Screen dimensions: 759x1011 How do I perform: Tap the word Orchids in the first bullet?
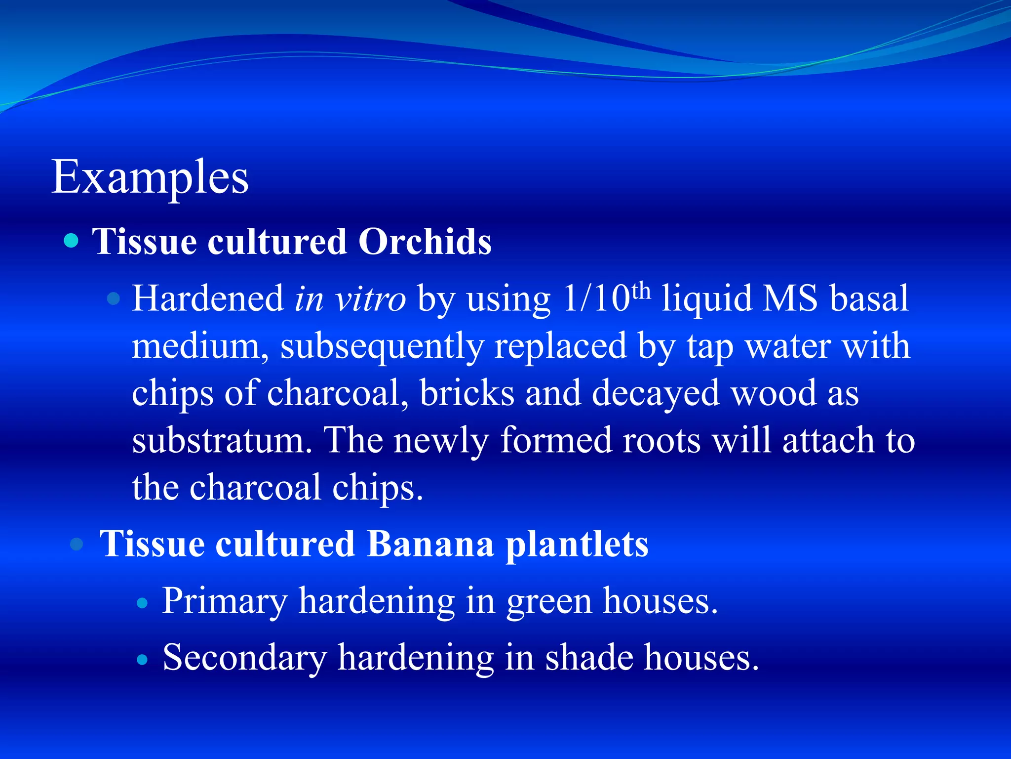tap(425, 242)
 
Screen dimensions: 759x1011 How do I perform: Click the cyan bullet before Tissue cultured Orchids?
tap(72, 241)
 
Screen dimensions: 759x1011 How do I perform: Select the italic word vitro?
tap(370, 299)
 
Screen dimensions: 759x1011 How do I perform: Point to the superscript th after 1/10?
tap(641, 292)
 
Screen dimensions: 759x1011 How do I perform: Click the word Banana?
tap(430, 544)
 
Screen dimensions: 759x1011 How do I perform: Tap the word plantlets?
tap(577, 545)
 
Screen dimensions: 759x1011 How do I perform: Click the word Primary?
tap(225, 602)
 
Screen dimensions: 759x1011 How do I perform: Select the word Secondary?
tap(244, 658)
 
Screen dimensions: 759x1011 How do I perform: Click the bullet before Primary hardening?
tap(142, 603)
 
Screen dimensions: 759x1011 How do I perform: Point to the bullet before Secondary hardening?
tap(142, 660)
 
